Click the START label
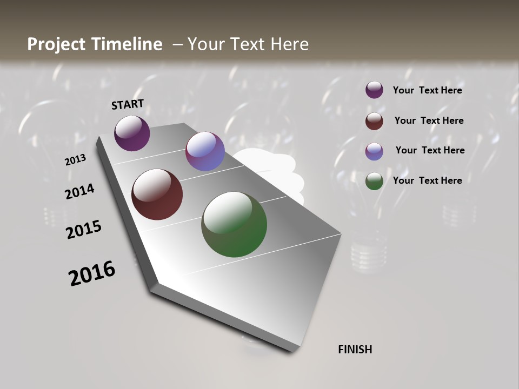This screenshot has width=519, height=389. (x=128, y=104)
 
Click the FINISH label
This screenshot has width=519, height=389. (x=355, y=350)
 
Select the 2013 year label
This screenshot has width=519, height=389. (x=75, y=160)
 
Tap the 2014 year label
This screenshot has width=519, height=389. (x=79, y=192)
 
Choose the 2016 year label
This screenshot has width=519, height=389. (x=92, y=273)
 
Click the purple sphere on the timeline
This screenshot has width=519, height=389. (x=132, y=133)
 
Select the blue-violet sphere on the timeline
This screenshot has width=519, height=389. (x=205, y=151)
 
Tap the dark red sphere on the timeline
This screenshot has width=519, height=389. (x=157, y=194)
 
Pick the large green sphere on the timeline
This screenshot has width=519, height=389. (x=234, y=224)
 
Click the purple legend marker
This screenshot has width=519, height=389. (x=374, y=90)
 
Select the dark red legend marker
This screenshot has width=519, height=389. (x=374, y=121)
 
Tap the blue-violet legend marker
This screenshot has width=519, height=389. (x=374, y=151)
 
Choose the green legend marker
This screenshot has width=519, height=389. (x=374, y=181)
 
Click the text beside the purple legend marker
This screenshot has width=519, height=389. (x=427, y=90)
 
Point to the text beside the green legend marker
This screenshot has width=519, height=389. (x=427, y=180)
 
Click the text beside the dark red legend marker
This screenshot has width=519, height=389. (x=429, y=120)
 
